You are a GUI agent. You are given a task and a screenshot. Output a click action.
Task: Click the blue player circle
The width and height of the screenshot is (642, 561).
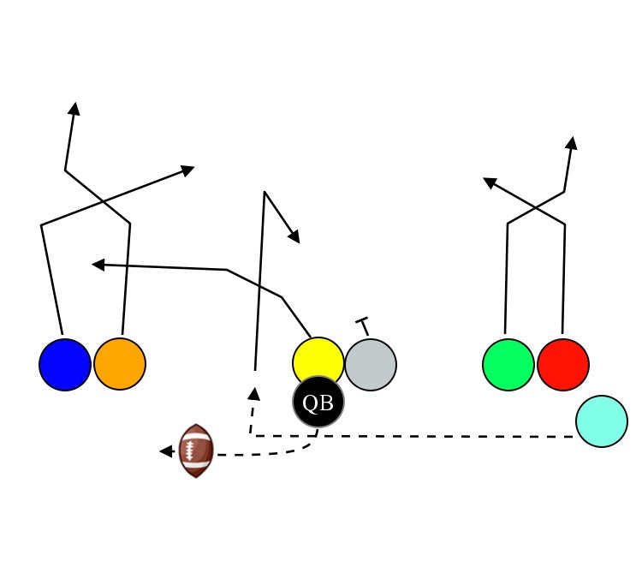65,365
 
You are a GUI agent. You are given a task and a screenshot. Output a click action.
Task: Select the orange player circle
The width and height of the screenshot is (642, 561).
120,364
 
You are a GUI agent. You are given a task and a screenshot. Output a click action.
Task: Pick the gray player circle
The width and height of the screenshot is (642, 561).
371,365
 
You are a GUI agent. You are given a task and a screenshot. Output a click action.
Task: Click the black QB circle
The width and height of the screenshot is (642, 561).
318,402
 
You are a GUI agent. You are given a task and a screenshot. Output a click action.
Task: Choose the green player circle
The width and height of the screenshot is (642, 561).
508,365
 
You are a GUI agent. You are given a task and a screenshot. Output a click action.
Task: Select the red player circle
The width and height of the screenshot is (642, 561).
563,365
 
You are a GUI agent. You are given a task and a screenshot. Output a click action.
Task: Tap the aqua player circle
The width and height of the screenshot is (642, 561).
602,421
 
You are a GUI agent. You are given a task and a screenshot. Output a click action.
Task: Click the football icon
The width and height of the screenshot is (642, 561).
196,451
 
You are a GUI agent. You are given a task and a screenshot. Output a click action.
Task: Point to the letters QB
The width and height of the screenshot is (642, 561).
318,403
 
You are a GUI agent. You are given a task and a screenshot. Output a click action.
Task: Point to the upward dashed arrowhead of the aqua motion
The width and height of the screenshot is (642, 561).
253,393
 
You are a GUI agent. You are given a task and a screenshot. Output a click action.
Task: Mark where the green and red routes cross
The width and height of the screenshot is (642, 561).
537,207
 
